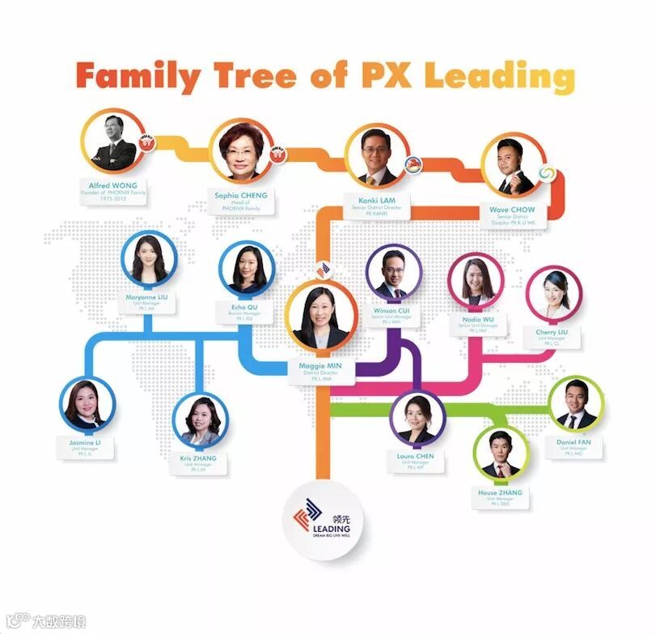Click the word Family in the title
pos(138,76)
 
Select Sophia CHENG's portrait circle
pos(240,151)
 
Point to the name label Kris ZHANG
pos(200,458)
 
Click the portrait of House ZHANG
pos(500,453)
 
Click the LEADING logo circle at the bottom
pos(321,520)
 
